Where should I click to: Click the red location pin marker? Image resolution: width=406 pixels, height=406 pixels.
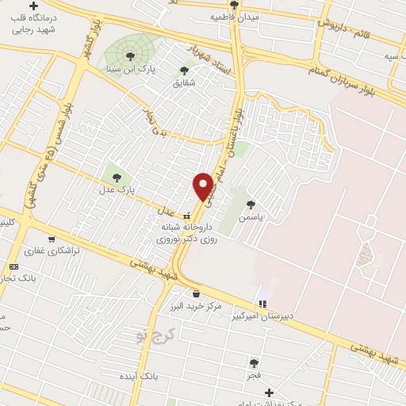(x=204, y=187)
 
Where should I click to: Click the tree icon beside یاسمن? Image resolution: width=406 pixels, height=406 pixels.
(x=251, y=204)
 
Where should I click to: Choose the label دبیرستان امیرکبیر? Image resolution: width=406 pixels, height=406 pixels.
(x=262, y=315)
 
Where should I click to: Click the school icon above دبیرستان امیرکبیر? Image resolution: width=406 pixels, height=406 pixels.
(x=262, y=303)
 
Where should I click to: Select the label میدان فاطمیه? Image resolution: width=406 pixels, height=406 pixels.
(x=236, y=15)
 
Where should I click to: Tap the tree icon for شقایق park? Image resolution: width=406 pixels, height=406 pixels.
(x=185, y=71)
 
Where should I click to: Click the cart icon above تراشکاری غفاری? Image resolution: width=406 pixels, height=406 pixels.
(x=52, y=239)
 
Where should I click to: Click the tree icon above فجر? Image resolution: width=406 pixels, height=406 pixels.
(x=254, y=363)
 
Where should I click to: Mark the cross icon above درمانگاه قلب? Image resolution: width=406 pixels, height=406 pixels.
(x=33, y=6)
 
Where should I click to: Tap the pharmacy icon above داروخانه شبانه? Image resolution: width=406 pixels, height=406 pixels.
(x=187, y=215)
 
